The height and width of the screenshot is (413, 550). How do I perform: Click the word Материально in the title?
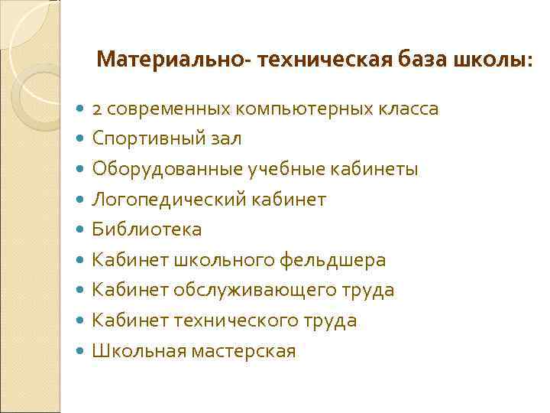171,59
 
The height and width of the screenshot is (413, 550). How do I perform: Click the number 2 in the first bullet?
97,109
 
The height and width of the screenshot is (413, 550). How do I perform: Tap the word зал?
225,138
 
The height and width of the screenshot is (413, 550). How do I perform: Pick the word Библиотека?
147,229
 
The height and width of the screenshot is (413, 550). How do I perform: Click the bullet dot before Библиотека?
82,230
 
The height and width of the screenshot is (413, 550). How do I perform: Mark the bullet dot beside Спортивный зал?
82,139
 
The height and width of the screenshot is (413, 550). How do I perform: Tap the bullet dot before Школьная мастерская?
82,352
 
